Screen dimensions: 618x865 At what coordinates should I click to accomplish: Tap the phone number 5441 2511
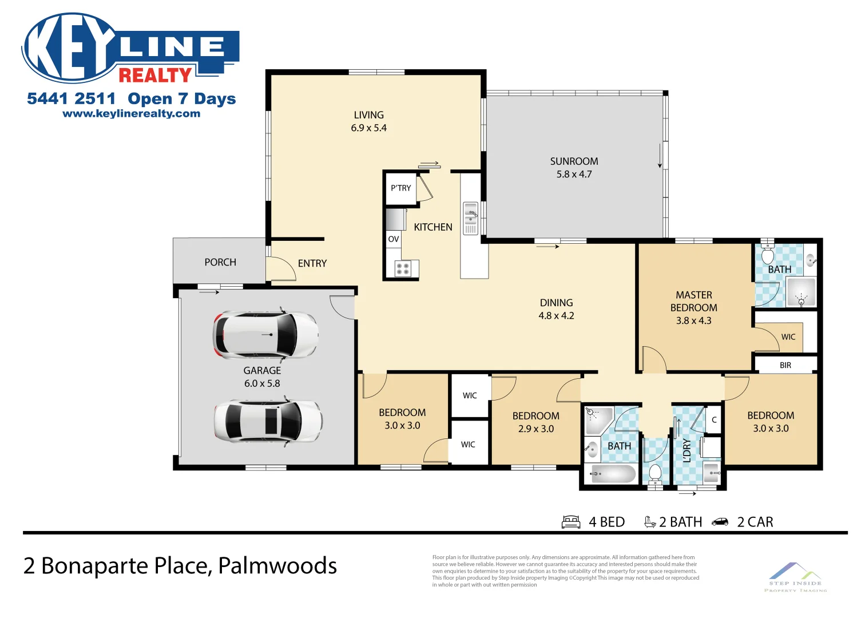pos(71,99)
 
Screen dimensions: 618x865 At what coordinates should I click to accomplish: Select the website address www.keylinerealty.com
pos(131,114)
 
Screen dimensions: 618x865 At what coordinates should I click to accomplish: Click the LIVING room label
pos(368,115)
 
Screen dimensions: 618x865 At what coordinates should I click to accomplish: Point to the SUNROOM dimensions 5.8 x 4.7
pos(574,175)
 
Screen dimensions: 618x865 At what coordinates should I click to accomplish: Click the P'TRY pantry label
pos(400,188)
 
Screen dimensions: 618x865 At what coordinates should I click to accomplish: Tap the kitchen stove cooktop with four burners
pos(403,269)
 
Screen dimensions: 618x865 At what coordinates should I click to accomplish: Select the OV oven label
pos(393,239)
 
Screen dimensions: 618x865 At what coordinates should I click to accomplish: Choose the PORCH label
pos(220,262)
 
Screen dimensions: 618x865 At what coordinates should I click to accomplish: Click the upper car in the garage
pos(265,335)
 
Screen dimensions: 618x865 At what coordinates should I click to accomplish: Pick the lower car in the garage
pos(268,421)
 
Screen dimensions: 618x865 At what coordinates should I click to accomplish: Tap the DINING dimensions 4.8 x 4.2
pos(556,316)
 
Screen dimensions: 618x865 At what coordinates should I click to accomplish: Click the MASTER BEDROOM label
pos(693,302)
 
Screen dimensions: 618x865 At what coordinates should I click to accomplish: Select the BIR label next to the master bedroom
pos(785,365)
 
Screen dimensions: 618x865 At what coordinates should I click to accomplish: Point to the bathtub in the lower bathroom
pos(613,474)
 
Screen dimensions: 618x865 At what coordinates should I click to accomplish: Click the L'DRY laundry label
pos(687,450)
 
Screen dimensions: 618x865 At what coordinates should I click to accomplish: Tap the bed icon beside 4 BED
pos(571,522)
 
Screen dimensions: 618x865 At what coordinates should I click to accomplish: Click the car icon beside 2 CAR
pos(720,522)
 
